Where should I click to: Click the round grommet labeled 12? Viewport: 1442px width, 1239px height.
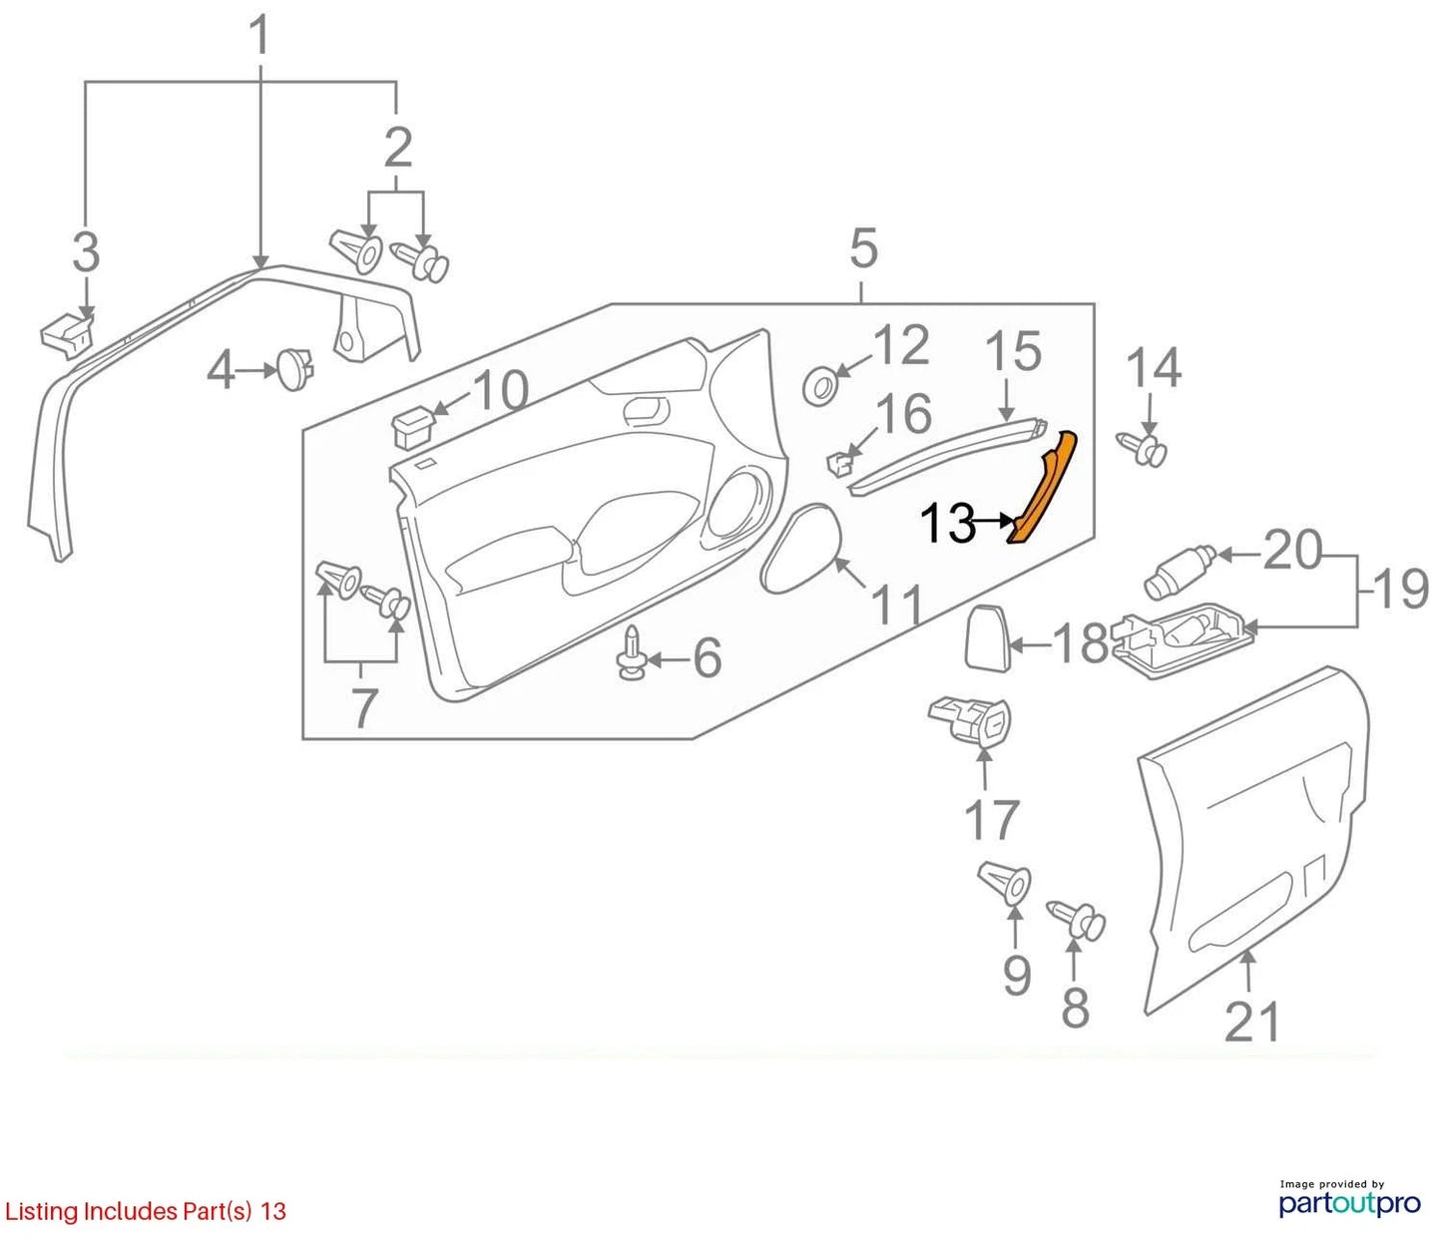[x=821, y=385]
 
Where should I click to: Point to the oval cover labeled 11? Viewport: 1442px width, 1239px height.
[x=801, y=548]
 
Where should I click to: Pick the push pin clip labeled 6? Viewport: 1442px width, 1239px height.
[x=631, y=653]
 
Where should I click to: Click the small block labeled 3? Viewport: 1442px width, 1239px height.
[x=67, y=337]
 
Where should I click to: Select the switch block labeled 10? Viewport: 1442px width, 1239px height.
[x=413, y=429]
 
